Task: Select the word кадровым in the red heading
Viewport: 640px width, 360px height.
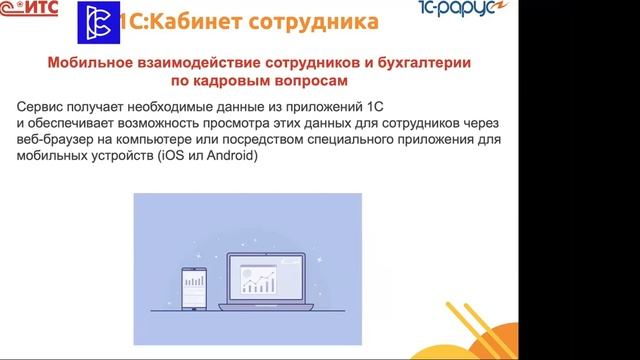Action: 255,81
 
